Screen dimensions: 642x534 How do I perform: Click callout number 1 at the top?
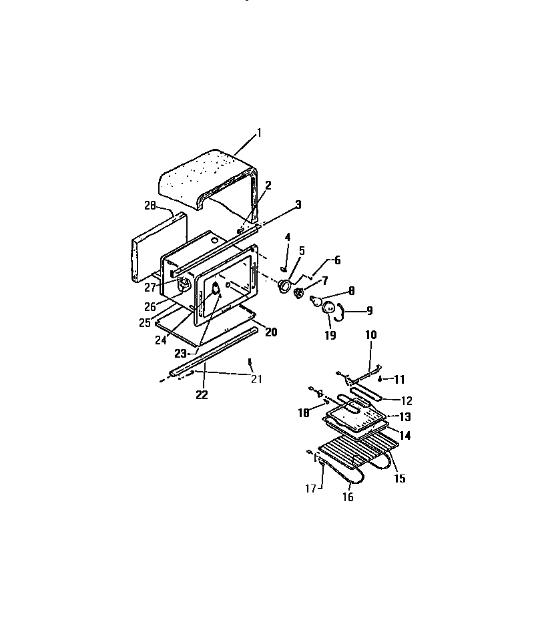tap(259, 133)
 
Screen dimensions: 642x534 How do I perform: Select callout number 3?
tap(298, 204)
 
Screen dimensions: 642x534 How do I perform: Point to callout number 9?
tap(369, 310)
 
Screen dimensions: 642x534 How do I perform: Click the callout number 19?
tap(330, 336)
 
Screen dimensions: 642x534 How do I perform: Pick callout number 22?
tap(202, 395)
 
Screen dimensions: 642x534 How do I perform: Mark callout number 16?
tap(348, 497)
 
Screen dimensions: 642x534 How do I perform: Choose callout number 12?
tap(406, 401)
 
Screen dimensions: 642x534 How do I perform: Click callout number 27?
tap(151, 288)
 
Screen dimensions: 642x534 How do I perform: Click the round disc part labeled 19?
tap(329, 308)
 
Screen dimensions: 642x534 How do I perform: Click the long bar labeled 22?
tap(214, 350)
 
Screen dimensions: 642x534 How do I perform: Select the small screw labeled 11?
tap(380, 378)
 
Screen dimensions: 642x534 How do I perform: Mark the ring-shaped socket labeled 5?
tap(285, 286)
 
